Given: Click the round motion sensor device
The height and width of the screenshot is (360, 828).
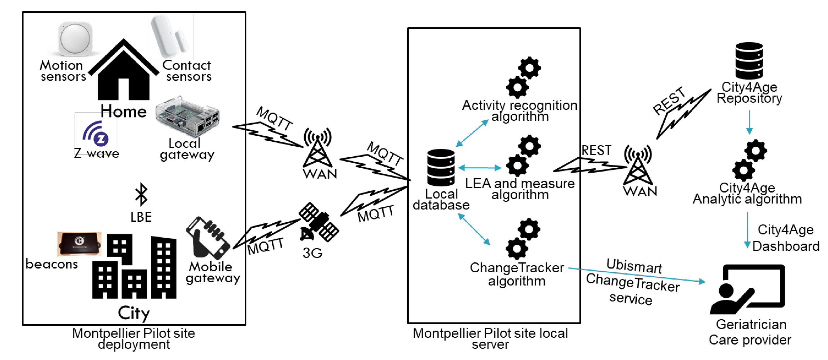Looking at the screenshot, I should click(x=75, y=38).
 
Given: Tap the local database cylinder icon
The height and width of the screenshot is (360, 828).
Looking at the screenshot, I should click(x=441, y=167).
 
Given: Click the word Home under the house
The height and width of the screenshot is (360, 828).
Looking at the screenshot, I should click(x=123, y=111).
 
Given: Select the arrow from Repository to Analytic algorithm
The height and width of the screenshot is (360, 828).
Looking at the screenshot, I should click(x=749, y=122).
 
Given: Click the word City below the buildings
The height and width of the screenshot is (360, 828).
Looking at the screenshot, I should click(x=134, y=313).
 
